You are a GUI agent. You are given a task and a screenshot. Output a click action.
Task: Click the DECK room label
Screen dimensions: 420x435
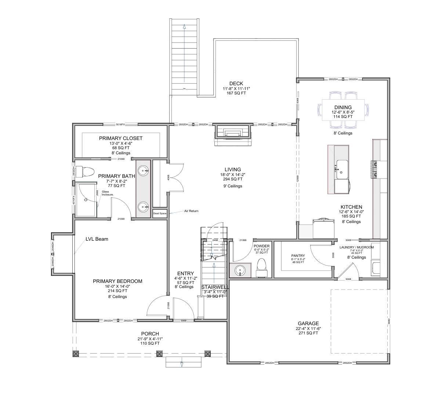236,84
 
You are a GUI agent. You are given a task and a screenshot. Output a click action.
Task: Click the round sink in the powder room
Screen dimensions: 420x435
240,270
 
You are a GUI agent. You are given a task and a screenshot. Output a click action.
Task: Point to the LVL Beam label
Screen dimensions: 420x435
97,239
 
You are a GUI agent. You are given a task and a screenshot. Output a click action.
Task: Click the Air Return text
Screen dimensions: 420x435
191,211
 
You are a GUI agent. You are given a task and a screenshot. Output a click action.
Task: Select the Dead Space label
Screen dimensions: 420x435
160,213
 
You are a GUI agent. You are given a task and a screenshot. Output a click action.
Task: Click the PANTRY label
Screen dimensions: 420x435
298,256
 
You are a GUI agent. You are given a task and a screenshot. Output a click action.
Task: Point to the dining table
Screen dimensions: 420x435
343,110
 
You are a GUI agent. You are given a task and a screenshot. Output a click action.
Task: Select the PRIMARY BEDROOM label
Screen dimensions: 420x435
117,281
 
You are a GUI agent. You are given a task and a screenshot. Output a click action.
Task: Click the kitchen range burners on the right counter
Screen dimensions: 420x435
375,169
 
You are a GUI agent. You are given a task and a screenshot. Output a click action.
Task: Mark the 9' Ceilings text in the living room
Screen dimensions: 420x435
233,186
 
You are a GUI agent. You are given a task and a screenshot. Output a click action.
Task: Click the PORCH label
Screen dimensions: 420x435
150,334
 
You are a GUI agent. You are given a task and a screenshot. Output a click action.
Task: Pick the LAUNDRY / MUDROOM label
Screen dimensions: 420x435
356,247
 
